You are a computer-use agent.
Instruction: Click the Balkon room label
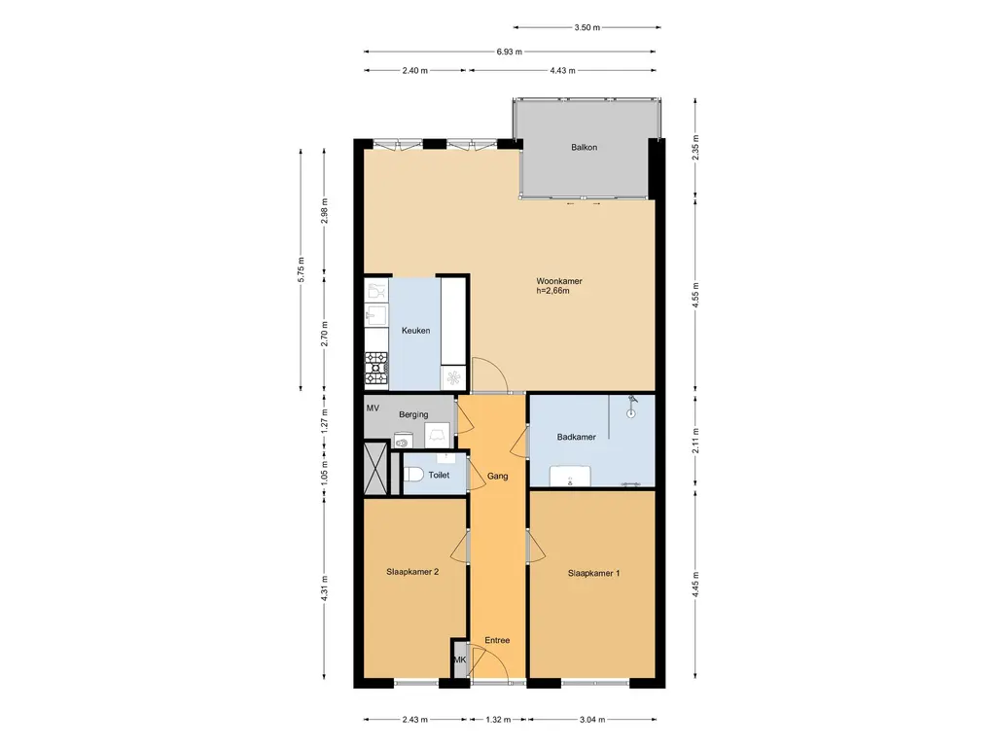(x=584, y=148)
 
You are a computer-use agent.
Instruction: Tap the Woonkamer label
(x=559, y=281)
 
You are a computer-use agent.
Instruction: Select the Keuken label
(x=415, y=331)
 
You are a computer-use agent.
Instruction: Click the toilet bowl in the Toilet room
(x=413, y=475)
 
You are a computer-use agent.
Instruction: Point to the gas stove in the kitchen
(x=376, y=369)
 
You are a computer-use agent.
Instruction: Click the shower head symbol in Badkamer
(x=630, y=408)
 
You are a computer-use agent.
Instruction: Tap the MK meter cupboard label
(x=460, y=659)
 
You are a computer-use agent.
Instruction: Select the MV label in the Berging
(x=373, y=408)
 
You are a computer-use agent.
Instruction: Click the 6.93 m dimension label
(x=510, y=52)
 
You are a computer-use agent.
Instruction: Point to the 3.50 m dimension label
(x=587, y=27)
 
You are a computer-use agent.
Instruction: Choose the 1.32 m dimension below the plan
(x=498, y=720)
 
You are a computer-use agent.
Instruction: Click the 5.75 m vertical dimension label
(x=302, y=269)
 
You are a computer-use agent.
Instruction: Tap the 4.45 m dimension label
(x=695, y=585)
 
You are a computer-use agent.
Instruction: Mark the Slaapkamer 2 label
(x=412, y=572)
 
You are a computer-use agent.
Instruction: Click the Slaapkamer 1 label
(x=594, y=573)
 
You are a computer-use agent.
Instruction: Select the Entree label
(x=497, y=640)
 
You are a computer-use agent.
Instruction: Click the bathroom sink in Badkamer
(x=570, y=476)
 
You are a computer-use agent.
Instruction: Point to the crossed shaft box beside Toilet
(x=375, y=468)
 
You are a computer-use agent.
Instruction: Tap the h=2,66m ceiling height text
(x=552, y=291)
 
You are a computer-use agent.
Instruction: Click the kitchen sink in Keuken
(x=376, y=314)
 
